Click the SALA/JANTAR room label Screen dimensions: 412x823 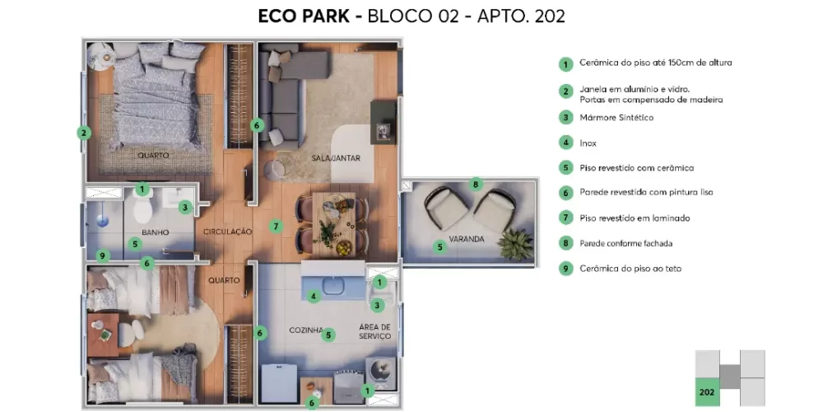[x=336, y=157]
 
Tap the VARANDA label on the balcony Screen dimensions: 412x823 [x=467, y=240]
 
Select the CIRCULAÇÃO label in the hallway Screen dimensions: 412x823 [x=227, y=232]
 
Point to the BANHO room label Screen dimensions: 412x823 [x=155, y=232]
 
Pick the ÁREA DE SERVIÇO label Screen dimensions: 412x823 [x=374, y=331]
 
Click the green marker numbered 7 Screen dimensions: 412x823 [x=277, y=226]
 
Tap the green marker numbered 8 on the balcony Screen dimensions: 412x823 [x=475, y=184]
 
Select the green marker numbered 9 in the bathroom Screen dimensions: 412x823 [x=101, y=255]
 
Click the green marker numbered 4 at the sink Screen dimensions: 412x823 [x=313, y=296]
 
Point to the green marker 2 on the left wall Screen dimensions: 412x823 [x=82, y=132]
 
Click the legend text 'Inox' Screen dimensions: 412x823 [x=588, y=143]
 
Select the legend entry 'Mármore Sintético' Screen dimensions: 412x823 [x=616, y=118]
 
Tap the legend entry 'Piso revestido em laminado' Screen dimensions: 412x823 [x=634, y=218]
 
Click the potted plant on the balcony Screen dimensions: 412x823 [x=515, y=243]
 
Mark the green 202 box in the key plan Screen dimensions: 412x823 [x=706, y=392]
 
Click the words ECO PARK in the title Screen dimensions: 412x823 [x=302, y=16]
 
